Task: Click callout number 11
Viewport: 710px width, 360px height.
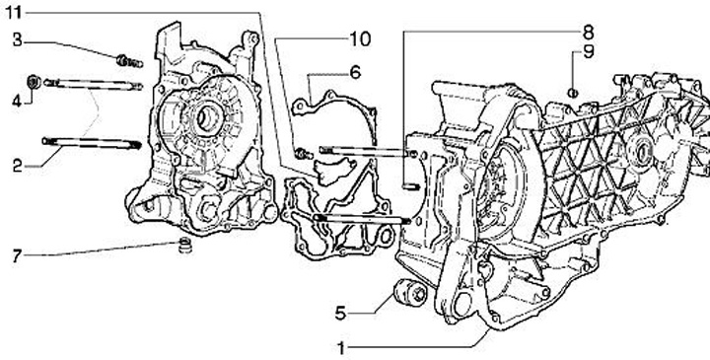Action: click(13, 13)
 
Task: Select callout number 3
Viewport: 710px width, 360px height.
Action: click(17, 40)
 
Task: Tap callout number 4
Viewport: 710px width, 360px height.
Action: click(17, 101)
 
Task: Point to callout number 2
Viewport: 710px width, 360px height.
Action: click(17, 166)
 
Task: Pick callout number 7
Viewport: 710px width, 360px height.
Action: click(17, 256)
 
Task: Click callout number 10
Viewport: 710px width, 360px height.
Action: click(360, 39)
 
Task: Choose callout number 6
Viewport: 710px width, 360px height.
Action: click(355, 72)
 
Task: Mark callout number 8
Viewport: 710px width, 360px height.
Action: click(588, 33)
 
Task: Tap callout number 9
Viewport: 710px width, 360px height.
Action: click(588, 52)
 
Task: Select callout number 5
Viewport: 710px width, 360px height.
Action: click(340, 313)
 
